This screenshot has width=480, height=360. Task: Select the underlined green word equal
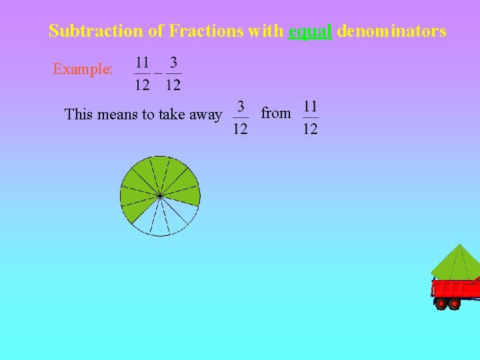point(310,31)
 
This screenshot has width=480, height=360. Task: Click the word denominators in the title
point(391,31)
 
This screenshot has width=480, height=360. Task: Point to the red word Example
point(83,69)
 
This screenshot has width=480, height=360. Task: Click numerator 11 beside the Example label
point(142,63)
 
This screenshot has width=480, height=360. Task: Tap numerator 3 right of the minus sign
point(173,63)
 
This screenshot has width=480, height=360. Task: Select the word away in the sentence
point(206,115)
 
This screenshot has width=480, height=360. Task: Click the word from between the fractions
point(275,113)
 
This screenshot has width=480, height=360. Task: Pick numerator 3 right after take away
point(240,107)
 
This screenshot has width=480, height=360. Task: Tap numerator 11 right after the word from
point(310,107)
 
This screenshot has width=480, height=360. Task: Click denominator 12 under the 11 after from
point(310,128)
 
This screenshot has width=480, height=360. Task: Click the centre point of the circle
point(160,196)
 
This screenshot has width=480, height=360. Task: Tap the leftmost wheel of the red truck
point(441,304)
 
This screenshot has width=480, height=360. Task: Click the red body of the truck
point(457,289)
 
